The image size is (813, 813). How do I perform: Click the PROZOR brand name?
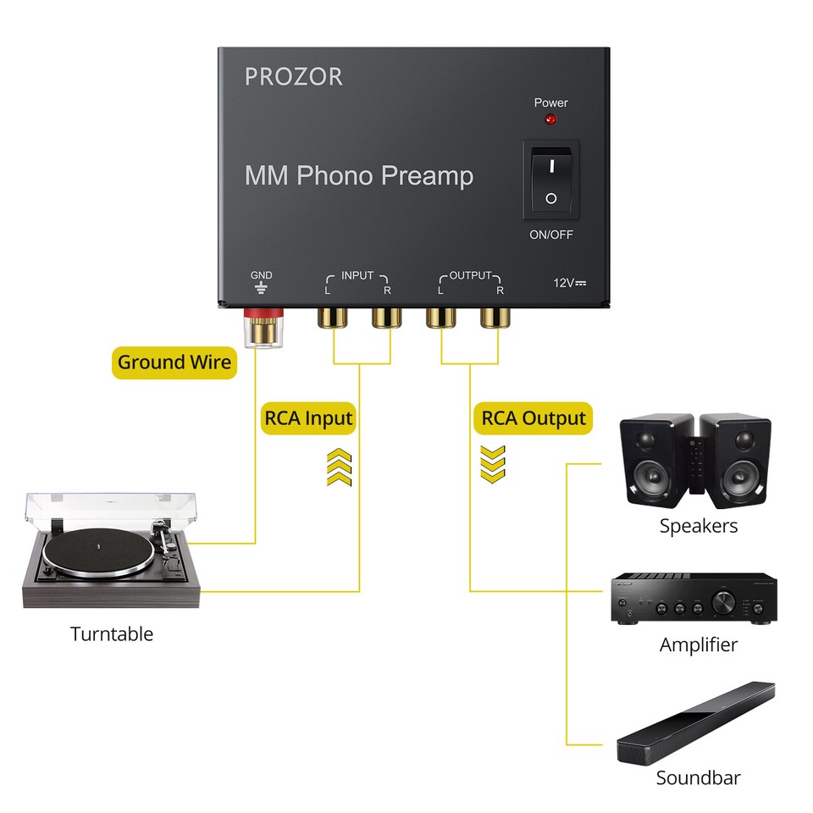294,76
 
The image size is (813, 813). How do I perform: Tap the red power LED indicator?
550,120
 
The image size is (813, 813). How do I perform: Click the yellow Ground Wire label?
174,362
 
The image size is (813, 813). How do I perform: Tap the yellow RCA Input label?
308,418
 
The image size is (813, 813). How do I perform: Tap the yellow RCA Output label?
534,418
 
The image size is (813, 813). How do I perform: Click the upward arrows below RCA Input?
339,467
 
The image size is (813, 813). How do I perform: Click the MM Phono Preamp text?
359,176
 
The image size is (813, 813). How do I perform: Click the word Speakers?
699,526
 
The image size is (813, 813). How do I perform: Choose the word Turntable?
112,633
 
